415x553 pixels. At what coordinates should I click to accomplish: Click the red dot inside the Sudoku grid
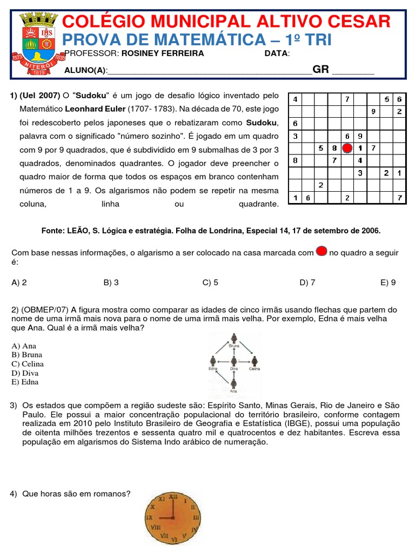click(x=347, y=148)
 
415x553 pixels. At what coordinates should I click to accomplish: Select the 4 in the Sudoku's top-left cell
click(x=295, y=99)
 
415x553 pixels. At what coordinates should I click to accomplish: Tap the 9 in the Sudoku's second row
click(x=373, y=112)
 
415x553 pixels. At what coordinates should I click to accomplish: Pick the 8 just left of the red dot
click(x=334, y=148)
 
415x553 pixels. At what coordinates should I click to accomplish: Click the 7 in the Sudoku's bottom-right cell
click(x=399, y=198)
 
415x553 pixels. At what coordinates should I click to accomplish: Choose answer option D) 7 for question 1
click(x=307, y=282)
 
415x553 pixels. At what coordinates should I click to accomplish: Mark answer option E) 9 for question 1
click(x=388, y=282)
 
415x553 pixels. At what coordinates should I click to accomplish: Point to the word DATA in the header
click(x=276, y=53)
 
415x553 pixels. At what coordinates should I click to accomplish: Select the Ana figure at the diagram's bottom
click(x=233, y=384)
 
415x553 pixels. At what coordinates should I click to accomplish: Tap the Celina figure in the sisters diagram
click(x=255, y=361)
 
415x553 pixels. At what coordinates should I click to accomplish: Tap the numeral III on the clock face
click(x=196, y=517)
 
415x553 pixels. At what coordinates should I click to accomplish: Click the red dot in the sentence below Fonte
click(x=321, y=251)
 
